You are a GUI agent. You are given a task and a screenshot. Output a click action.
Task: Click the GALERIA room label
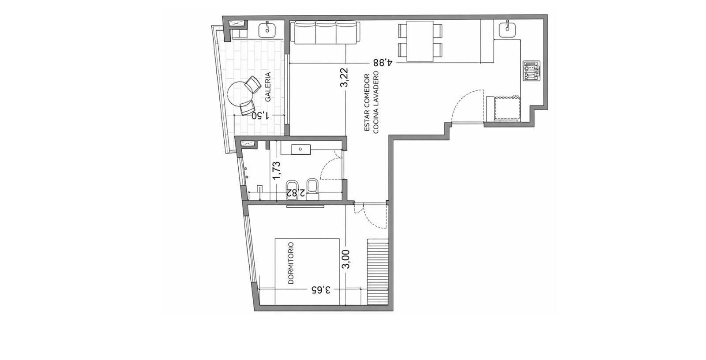tap(268, 87)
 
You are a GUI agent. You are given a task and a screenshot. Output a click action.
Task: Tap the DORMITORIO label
tap(291, 263)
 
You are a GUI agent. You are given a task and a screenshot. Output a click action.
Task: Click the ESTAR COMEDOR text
tap(367, 102)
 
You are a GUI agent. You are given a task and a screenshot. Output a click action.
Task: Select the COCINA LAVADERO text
tap(376, 102)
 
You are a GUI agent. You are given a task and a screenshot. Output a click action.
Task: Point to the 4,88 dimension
tap(383, 62)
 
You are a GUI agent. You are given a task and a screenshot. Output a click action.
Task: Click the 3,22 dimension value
tap(345, 78)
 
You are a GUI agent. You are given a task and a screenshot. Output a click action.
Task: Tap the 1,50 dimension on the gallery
tap(261, 116)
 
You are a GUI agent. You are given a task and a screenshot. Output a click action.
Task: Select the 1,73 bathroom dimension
tap(277, 171)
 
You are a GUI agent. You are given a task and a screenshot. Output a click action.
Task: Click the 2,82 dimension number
tap(295, 193)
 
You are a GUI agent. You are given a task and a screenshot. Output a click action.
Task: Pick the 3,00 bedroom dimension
tap(346, 259)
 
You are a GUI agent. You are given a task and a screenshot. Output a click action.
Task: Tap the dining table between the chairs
tap(420, 41)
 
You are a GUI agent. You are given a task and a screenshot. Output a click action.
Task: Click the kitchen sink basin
tap(507, 29)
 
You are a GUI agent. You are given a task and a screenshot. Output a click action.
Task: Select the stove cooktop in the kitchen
tap(531, 71)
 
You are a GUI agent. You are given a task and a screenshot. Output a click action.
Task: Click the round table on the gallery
tap(240, 94)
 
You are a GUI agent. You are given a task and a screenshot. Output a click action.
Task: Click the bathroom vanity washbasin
tap(300, 149)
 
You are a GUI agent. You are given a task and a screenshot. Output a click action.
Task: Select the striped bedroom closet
tap(378, 272)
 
